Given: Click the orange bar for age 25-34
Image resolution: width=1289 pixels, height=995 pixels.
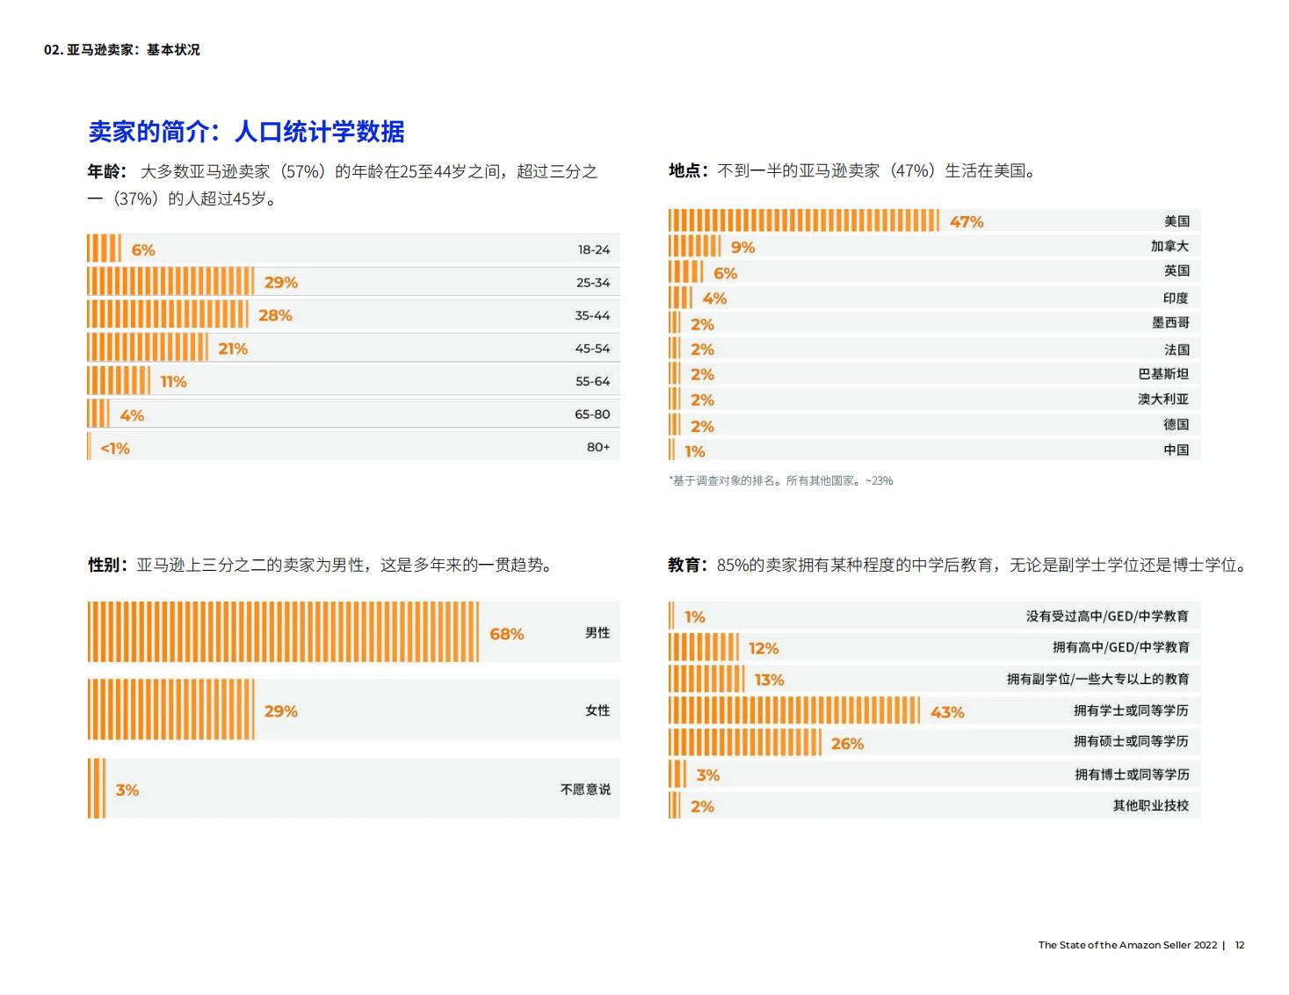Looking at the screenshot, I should pyautogui.click(x=170, y=282).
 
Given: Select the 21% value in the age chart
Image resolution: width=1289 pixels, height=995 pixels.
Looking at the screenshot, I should pyautogui.click(x=233, y=349).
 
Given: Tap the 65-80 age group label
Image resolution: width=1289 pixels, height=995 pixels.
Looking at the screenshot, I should pyautogui.click(x=592, y=415).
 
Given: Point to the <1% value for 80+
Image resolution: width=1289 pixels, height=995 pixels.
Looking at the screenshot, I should pyautogui.click(x=115, y=448).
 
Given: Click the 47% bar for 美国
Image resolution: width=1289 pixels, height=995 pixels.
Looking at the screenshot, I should pyautogui.click(x=803, y=220).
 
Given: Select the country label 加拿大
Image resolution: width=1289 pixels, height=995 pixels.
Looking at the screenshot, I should pyautogui.click(x=1170, y=246).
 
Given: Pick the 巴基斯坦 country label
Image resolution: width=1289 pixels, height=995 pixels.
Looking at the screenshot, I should pyautogui.click(x=1162, y=374).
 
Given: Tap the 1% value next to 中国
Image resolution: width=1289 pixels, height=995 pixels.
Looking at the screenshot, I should pyautogui.click(x=694, y=451).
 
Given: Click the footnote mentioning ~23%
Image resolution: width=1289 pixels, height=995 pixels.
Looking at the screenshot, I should pyautogui.click(x=780, y=480).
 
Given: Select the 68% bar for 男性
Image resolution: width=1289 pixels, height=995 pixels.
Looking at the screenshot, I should pyautogui.click(x=283, y=631).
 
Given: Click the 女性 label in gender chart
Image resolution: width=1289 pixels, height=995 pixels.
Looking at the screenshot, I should pyautogui.click(x=597, y=710).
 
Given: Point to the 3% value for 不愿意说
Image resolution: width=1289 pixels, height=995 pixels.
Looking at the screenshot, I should pyautogui.click(x=127, y=790).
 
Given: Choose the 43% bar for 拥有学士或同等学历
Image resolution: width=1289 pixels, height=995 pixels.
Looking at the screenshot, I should pyautogui.click(x=794, y=710).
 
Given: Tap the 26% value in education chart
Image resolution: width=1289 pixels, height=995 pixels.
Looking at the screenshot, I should pyautogui.click(x=847, y=744).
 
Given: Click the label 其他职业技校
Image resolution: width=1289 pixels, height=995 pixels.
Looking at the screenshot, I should pyautogui.click(x=1150, y=805).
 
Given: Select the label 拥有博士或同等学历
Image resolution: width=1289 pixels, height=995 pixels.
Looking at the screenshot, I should pyautogui.click(x=1132, y=775).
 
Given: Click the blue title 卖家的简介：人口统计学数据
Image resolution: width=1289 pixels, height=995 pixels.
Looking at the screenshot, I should pyautogui.click(x=246, y=132).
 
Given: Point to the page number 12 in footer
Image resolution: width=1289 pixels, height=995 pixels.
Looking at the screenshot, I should pyautogui.click(x=1239, y=945).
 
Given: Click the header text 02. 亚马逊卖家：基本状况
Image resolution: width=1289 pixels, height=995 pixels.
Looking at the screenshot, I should pyautogui.click(x=122, y=50).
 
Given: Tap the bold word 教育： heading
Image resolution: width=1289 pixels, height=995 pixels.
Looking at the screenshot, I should pyautogui.click(x=688, y=565).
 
